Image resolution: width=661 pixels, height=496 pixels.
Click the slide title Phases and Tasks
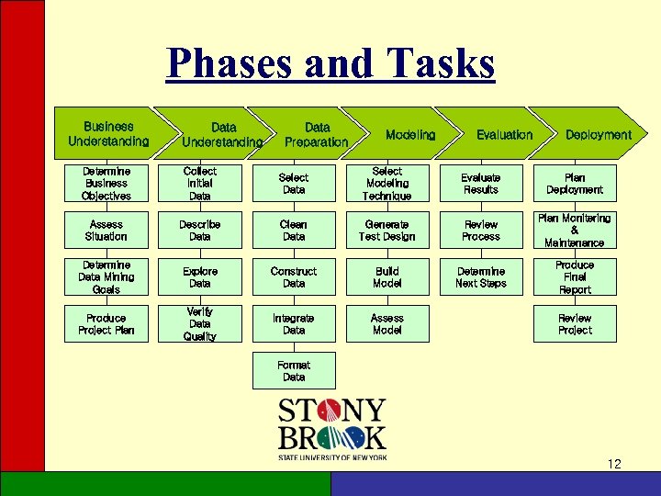(330, 64)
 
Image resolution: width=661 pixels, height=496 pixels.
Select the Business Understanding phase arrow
(107, 134)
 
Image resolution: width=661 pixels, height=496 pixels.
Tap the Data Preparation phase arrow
(316, 134)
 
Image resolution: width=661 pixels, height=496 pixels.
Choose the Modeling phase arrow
(410, 134)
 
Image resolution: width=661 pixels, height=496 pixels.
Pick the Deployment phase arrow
(598, 134)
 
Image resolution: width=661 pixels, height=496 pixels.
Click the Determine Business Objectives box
(106, 184)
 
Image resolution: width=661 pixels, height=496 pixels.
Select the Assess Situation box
(106, 231)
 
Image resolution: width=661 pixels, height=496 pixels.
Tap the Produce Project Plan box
(106, 324)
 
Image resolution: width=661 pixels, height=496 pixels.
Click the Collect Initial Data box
(200, 184)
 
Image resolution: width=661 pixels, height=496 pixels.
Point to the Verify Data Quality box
(200, 324)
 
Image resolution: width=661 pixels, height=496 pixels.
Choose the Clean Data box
(294, 231)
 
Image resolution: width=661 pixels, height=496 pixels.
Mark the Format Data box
(294, 371)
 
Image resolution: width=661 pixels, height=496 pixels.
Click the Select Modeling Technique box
(387, 184)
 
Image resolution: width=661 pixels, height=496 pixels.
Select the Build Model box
(387, 277)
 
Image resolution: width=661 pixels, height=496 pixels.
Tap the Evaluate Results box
(481, 184)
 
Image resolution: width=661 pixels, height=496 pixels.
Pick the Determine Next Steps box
(481, 277)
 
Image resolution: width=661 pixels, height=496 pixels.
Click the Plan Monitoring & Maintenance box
(575, 231)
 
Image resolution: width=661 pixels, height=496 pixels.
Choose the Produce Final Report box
(575, 277)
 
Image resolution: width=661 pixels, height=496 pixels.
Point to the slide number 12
(614, 464)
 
